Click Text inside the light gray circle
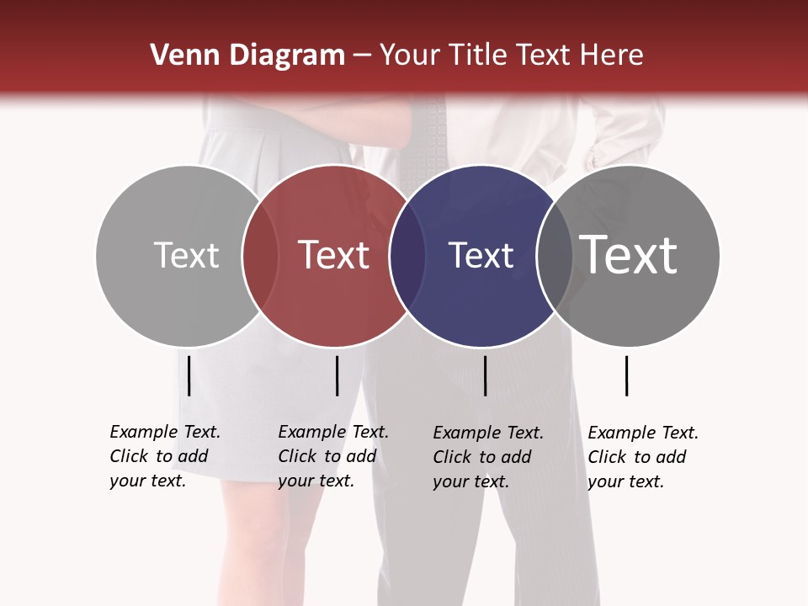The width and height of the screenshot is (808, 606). click(x=186, y=255)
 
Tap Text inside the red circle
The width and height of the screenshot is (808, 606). click(x=333, y=255)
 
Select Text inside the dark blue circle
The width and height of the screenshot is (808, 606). click(x=481, y=255)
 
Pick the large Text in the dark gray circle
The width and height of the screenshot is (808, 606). click(x=629, y=255)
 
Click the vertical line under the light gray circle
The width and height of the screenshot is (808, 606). click(x=189, y=375)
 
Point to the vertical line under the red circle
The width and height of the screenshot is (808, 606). click(x=337, y=375)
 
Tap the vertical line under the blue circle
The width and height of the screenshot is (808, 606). click(x=485, y=375)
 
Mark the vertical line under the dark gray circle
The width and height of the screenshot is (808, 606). click(x=626, y=375)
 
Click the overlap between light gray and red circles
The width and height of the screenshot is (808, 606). click(x=260, y=255)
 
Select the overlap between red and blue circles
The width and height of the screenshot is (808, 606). click(x=407, y=255)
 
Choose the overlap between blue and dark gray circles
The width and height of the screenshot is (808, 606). click(x=554, y=255)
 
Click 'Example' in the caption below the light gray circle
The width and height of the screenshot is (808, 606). click(x=144, y=432)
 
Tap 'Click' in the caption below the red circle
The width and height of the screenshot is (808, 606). click(x=296, y=456)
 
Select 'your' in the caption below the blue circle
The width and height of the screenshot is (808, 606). click(x=450, y=481)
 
